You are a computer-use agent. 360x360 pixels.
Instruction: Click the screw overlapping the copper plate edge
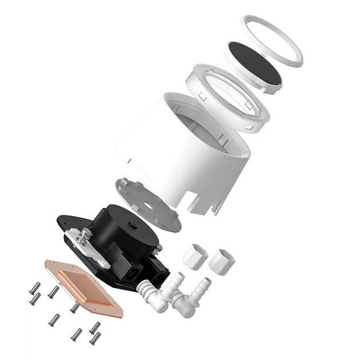coord(74,307)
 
